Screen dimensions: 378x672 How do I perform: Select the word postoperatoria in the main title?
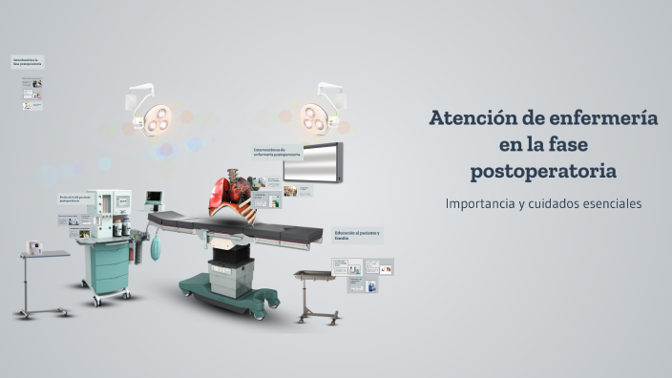542,172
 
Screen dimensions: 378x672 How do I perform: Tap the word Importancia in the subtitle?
485,203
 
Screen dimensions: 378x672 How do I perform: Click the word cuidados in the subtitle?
547,203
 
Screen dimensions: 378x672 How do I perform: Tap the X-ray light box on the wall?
312,161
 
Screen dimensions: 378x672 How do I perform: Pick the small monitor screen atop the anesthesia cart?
154,199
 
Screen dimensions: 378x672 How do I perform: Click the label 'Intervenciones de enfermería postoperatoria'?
276,151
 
